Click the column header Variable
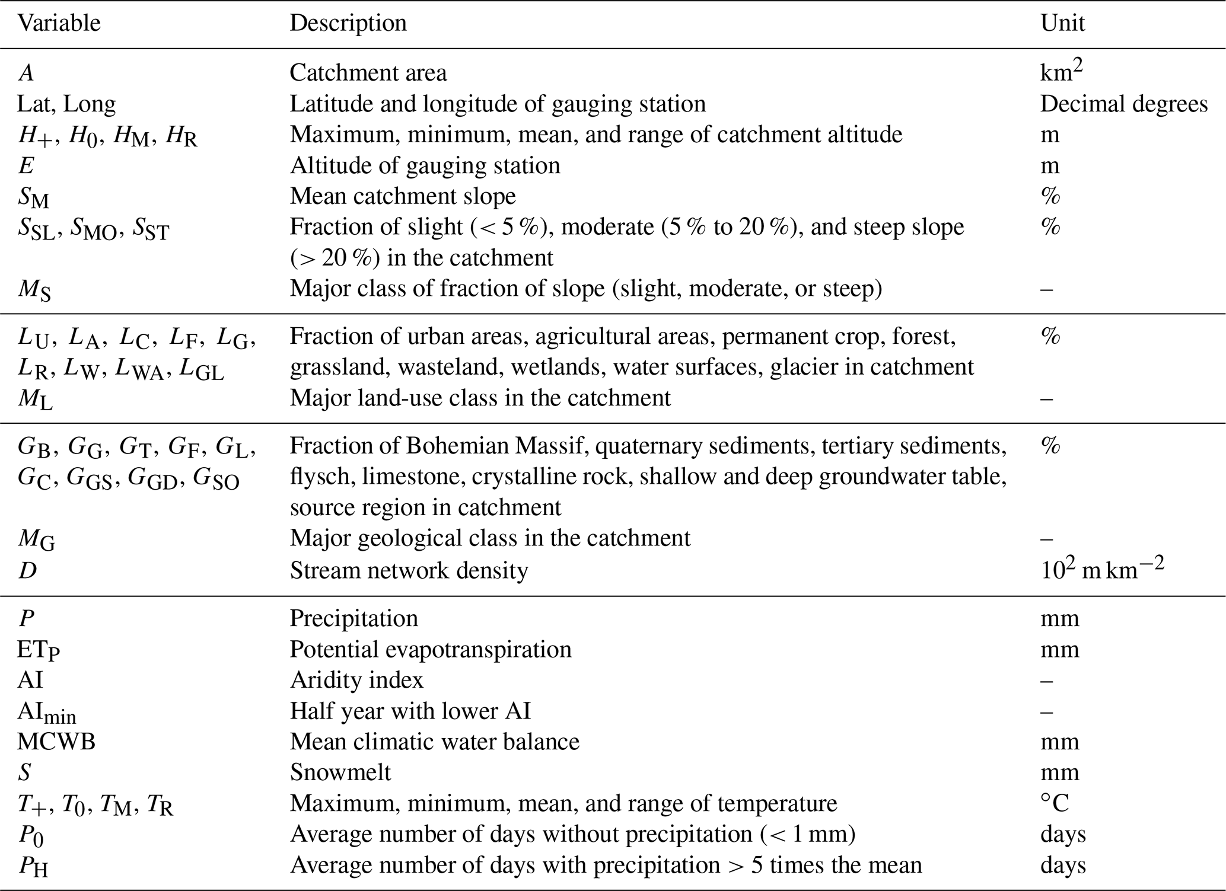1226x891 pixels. [x=59, y=24]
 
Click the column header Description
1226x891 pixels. [x=348, y=24]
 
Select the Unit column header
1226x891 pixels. [x=1062, y=24]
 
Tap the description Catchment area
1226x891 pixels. [x=368, y=73]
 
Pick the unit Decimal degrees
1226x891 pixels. [x=1123, y=104]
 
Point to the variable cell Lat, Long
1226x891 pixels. [x=66, y=104]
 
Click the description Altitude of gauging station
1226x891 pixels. [x=425, y=165]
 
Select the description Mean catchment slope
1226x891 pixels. [x=403, y=196]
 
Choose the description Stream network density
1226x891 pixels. [x=409, y=570]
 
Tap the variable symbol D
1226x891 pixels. [x=27, y=570]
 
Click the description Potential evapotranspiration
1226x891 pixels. [x=430, y=649]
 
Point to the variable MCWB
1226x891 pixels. [x=56, y=742]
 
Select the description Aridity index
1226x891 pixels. [x=356, y=680]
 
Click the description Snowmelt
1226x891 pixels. [x=340, y=772]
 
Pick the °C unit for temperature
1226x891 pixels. [x=1054, y=803]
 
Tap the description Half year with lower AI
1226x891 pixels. [x=410, y=711]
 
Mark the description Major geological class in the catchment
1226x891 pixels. [x=490, y=538]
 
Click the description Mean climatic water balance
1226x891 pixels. [x=434, y=742]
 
